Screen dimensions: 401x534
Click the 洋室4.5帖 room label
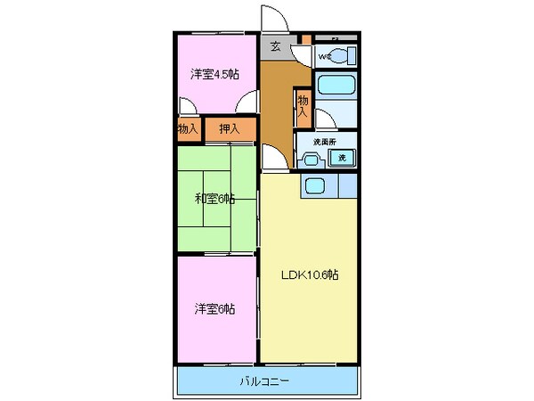[214, 74]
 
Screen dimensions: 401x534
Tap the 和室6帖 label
[215, 198]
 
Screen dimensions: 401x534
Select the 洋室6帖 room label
[215, 308]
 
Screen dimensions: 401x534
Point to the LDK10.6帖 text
[310, 274]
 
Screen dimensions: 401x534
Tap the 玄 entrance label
[275, 46]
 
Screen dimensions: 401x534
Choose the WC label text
[324, 57]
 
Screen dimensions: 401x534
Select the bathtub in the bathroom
[336, 87]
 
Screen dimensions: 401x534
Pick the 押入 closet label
[230, 128]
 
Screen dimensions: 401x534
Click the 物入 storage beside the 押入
[188, 128]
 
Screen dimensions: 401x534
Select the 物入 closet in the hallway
[303, 108]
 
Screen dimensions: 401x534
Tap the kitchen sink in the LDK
[313, 185]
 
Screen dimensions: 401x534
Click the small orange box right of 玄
[304, 39]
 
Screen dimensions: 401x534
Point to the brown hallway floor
[277, 107]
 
